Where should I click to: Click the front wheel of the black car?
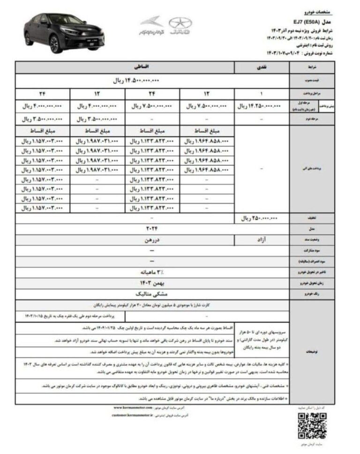coord(54,43)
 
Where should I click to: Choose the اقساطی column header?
coord(127,68)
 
